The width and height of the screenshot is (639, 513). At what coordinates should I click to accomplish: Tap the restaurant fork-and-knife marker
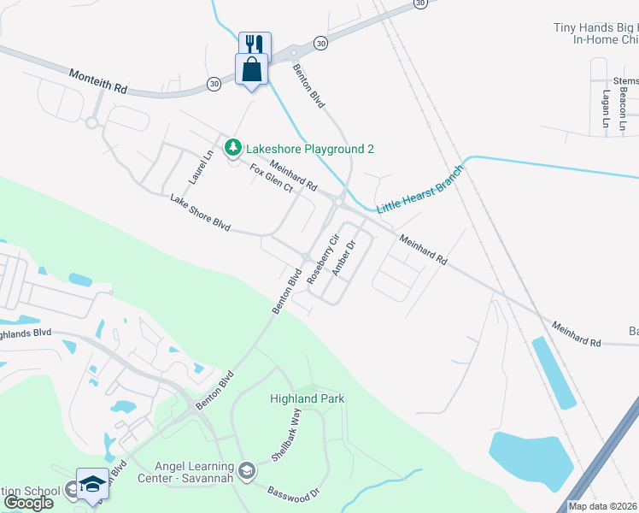(x=255, y=44)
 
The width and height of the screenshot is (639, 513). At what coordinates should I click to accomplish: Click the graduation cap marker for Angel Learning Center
(x=247, y=471)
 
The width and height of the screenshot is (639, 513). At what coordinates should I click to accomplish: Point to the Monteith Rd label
(x=97, y=82)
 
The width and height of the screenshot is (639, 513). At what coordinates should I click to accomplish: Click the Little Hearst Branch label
(x=419, y=190)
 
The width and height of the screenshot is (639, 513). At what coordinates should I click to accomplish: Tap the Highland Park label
(x=307, y=398)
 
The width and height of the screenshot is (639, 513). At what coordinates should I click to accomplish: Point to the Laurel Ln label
(x=200, y=168)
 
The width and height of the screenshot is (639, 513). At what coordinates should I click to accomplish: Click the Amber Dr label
(x=343, y=258)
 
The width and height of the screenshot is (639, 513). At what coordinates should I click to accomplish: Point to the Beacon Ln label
(x=624, y=112)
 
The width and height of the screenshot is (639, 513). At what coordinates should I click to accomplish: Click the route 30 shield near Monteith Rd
(x=213, y=83)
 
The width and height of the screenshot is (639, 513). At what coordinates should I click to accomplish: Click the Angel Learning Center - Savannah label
(x=194, y=471)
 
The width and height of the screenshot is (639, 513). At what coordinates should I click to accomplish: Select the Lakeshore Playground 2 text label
(x=310, y=149)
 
